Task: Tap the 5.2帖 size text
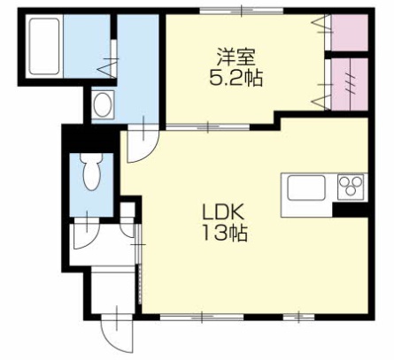[x=235, y=76]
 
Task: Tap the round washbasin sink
[x=104, y=105]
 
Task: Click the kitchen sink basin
[x=305, y=189]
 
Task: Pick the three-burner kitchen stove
[x=351, y=188]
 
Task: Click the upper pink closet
[x=348, y=33]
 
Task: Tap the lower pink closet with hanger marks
[x=348, y=84]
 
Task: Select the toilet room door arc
[x=87, y=234]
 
